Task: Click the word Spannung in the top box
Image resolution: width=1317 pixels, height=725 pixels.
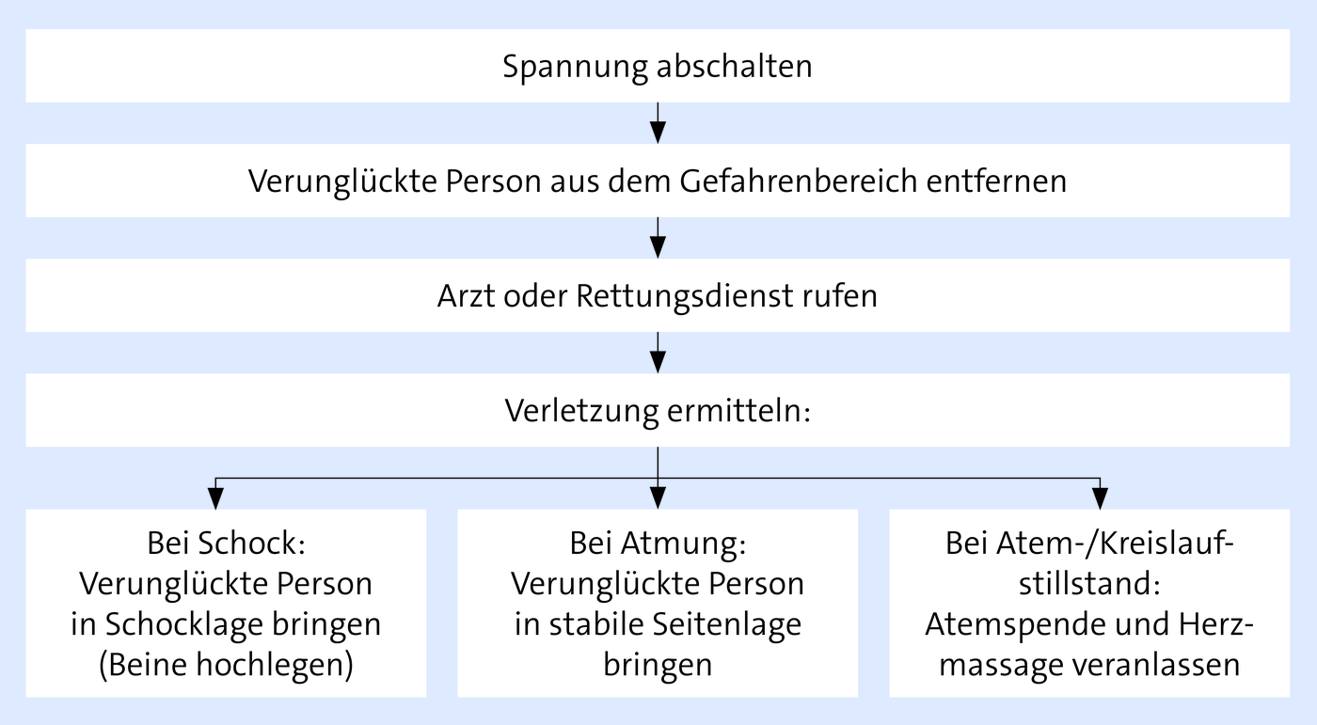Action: tap(575, 67)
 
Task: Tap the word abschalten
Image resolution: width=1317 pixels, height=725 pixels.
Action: tap(735, 65)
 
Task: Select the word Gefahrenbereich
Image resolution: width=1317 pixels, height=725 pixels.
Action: tap(799, 180)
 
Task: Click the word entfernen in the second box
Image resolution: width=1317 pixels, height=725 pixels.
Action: tap(996, 180)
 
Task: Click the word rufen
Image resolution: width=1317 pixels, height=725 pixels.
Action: tap(840, 295)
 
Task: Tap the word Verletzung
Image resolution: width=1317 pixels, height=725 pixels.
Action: tap(581, 411)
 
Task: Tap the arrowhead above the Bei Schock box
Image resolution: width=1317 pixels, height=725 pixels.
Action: tap(215, 497)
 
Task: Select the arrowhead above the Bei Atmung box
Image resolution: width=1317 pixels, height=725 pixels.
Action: tap(658, 497)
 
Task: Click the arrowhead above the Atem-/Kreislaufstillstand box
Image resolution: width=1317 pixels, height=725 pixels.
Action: tap(1100, 497)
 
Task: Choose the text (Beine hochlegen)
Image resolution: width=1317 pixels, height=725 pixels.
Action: tap(227, 665)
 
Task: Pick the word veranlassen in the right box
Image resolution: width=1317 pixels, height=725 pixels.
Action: tap(1156, 665)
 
